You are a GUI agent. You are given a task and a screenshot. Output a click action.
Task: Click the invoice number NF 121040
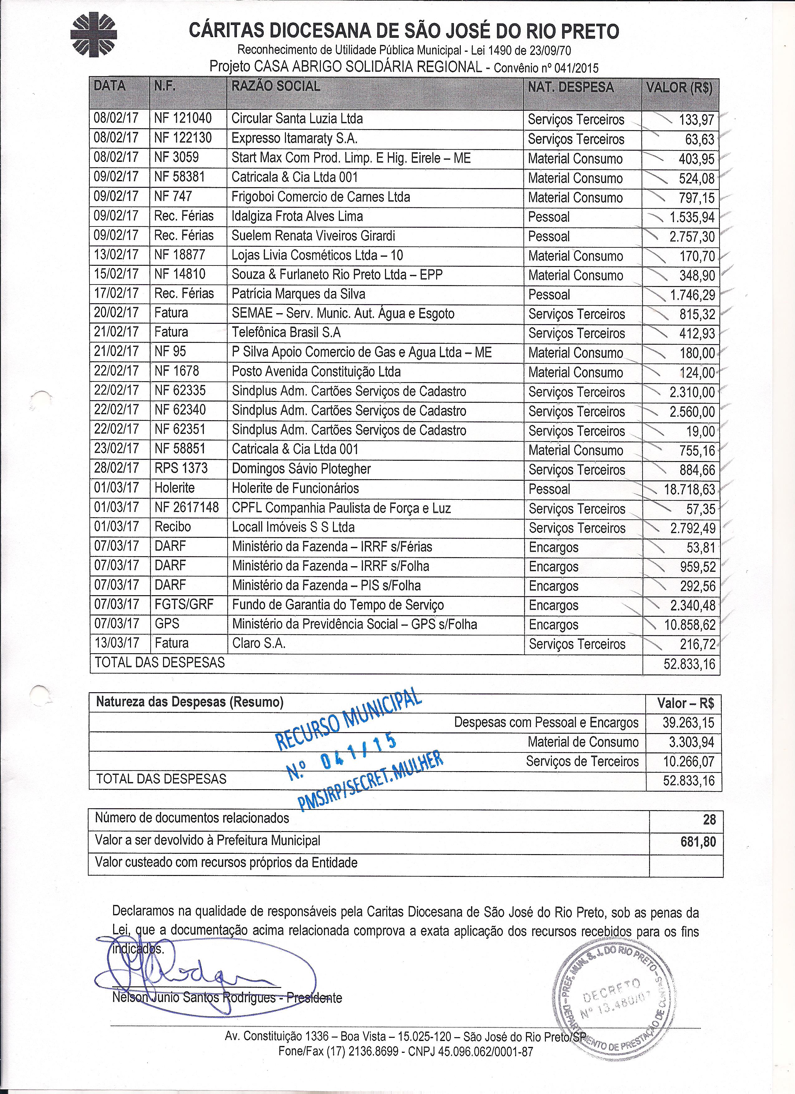coord(183,119)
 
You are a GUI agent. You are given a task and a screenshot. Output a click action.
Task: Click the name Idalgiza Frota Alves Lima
coord(297,216)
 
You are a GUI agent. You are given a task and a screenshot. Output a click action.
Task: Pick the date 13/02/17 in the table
coord(116,255)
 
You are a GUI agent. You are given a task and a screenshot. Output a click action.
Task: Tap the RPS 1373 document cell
coord(181,468)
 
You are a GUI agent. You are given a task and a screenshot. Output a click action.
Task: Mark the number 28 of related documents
coord(709,819)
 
